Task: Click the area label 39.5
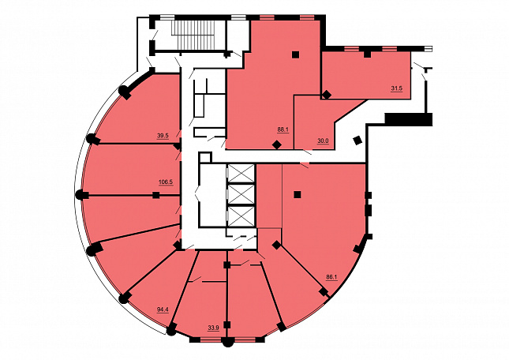click(x=163, y=136)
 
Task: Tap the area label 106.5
click(x=166, y=182)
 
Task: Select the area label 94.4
click(x=163, y=309)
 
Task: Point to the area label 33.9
click(x=213, y=328)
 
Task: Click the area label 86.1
click(x=331, y=277)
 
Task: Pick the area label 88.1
click(x=283, y=129)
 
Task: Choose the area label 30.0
click(x=323, y=141)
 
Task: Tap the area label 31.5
click(x=397, y=88)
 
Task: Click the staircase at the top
click(x=193, y=35)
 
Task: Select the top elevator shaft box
click(x=241, y=174)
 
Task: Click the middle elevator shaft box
click(x=241, y=194)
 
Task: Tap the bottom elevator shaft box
click(x=241, y=216)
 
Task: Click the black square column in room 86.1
click(x=297, y=195)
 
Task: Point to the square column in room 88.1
click(x=295, y=54)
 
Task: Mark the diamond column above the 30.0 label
click(x=327, y=95)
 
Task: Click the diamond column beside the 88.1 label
click(x=276, y=144)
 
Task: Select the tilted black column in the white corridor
click(x=357, y=141)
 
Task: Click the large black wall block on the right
click(x=409, y=118)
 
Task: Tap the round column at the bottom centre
click(x=228, y=342)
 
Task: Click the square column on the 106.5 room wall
click(x=156, y=195)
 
